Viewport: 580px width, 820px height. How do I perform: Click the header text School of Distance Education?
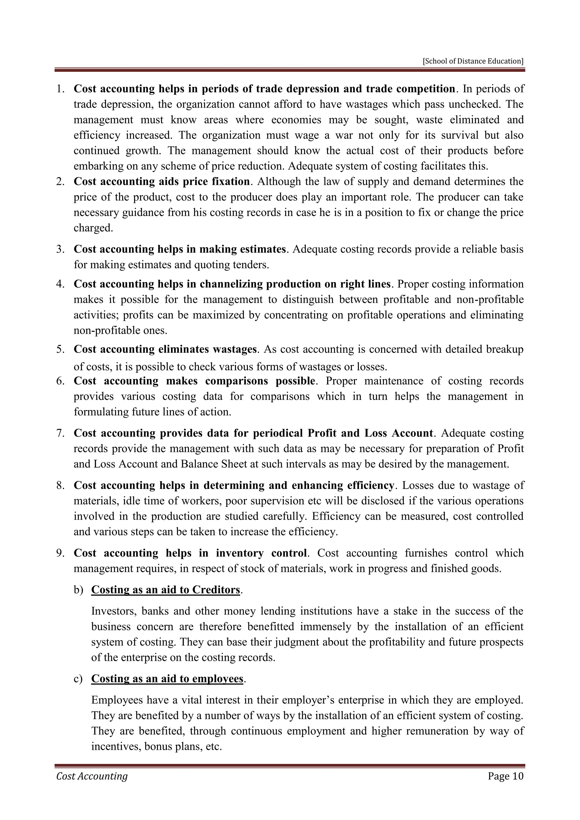(473, 61)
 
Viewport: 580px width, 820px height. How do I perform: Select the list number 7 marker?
(60, 433)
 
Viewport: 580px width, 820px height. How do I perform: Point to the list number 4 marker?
(60, 284)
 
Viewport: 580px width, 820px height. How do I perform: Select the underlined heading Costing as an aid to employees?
(167, 679)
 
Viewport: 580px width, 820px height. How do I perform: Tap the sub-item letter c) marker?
(78, 679)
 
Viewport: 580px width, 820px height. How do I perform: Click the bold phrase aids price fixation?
(204, 181)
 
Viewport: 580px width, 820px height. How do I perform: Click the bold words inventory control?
(261, 553)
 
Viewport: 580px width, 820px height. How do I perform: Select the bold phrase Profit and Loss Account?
(370, 433)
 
